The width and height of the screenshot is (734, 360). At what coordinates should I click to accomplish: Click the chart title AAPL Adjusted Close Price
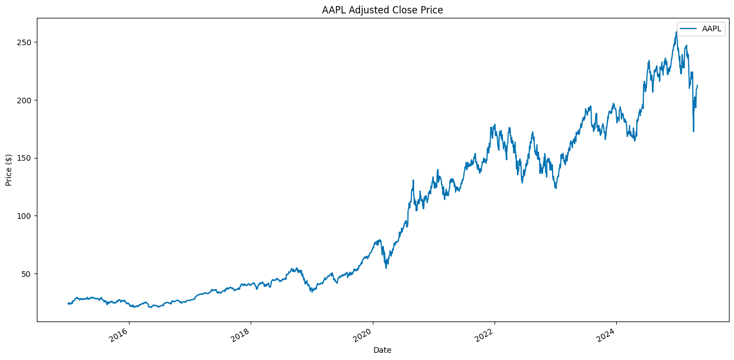pos(382,9)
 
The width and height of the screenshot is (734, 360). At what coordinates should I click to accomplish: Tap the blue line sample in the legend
pos(689,28)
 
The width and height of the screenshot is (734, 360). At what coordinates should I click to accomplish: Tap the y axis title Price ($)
pos(9,170)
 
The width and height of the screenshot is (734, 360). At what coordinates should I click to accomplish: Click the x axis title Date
pos(382,351)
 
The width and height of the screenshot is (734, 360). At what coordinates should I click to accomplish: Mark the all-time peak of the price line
pos(676,32)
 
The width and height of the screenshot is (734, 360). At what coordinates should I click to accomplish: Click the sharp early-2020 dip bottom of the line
pos(386,268)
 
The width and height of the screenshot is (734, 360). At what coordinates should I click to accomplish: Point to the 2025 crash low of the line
pos(693,132)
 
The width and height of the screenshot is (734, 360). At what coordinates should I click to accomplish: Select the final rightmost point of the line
pos(697,85)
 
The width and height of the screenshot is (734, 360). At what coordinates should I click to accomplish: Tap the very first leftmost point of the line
pos(68,304)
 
